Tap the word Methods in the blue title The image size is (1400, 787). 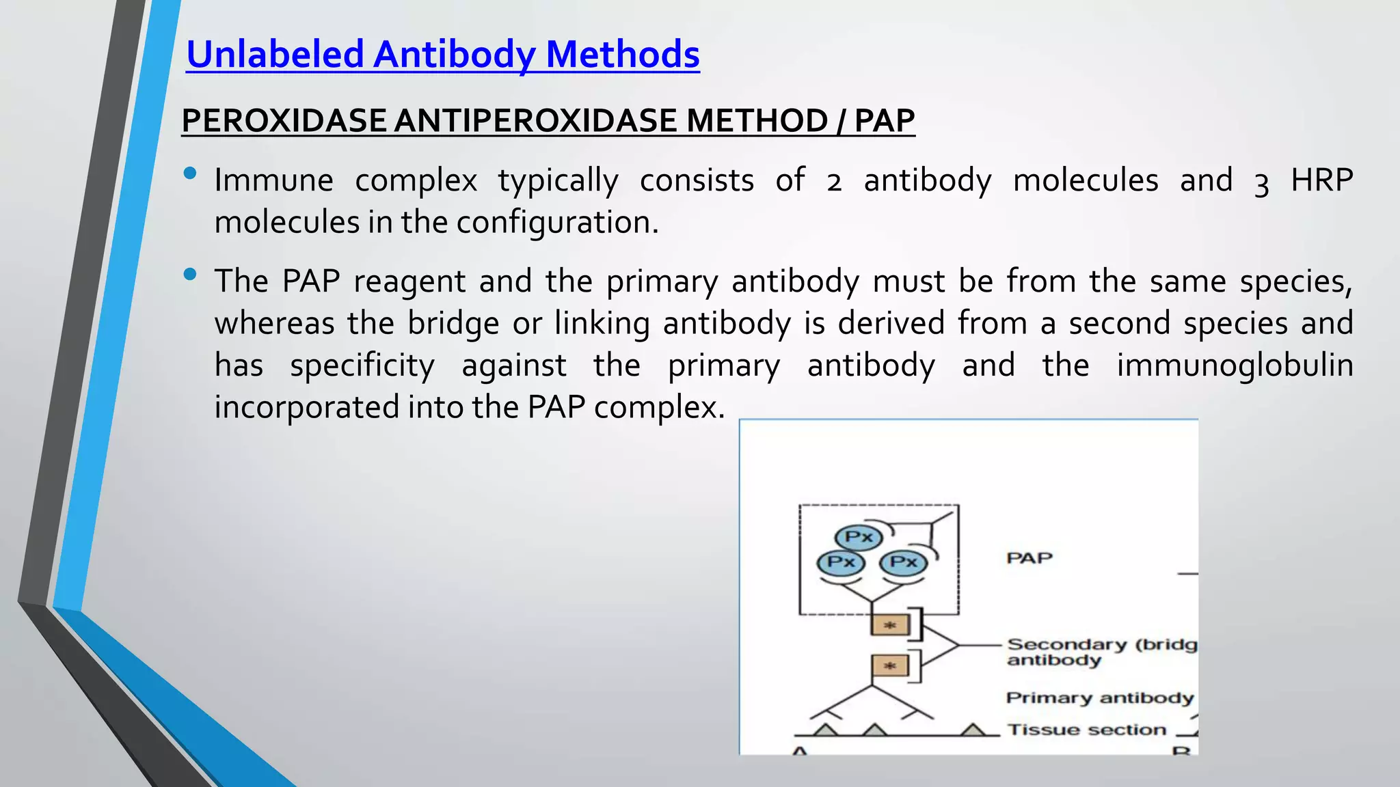click(623, 55)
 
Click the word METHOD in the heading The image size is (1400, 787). click(757, 121)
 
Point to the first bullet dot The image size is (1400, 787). click(190, 174)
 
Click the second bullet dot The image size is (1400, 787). click(190, 275)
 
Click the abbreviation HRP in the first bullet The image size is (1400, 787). click(1321, 180)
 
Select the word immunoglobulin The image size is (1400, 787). click(1235, 365)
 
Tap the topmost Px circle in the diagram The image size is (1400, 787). click(858, 537)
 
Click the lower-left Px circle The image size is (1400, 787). click(841, 562)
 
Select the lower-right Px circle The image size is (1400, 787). click(903, 562)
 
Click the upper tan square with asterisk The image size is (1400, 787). click(889, 624)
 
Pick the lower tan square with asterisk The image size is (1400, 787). click(889, 665)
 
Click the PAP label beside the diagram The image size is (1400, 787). click(1029, 558)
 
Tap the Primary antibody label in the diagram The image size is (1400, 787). click(1099, 698)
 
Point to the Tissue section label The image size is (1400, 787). click(1086, 730)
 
